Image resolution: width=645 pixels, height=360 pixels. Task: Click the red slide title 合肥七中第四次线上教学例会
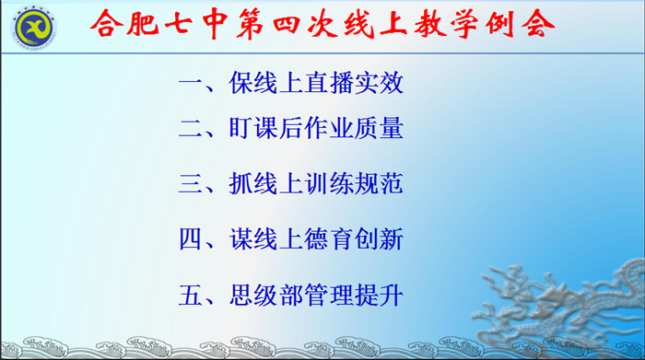click(x=324, y=24)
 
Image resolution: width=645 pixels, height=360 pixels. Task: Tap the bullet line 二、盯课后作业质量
click(x=291, y=128)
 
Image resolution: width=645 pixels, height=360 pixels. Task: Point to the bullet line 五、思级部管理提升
click(x=291, y=296)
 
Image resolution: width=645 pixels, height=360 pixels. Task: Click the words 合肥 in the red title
click(x=133, y=24)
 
